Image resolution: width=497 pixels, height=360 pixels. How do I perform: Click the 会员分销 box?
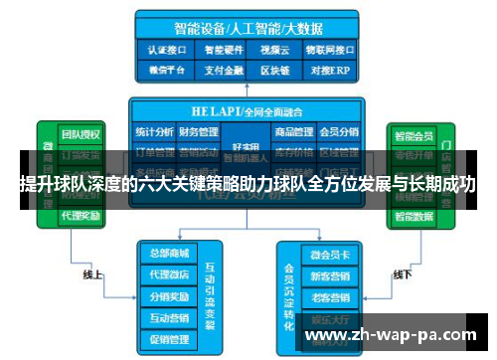pyautogui.click(x=341, y=130)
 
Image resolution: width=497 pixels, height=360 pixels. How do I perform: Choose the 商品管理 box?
pyautogui.click(x=294, y=130)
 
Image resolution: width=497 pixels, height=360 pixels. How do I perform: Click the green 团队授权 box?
pyautogui.click(x=81, y=134)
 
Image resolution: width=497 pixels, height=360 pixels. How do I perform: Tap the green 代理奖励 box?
pyautogui.click(x=81, y=215)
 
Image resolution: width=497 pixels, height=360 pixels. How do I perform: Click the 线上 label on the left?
pyautogui.click(x=92, y=273)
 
